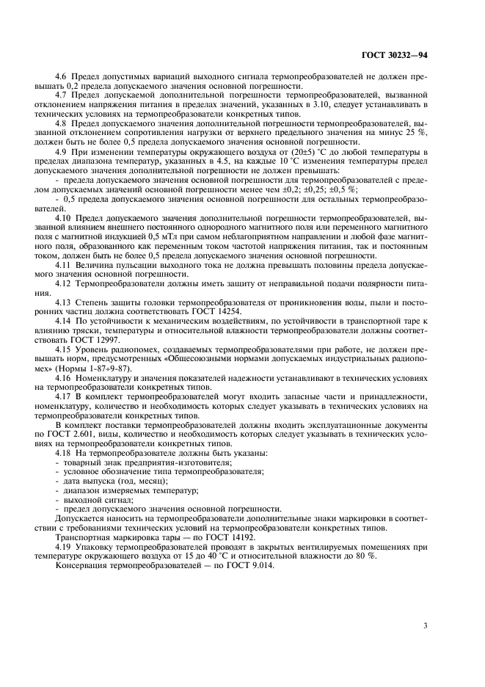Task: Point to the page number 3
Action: pyautogui.click(x=426, y=625)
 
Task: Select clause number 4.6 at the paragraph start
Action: pyautogui.click(x=62, y=76)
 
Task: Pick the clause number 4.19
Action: pyautogui.click(x=64, y=547)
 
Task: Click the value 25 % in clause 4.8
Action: pyautogui.click(x=415, y=133)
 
